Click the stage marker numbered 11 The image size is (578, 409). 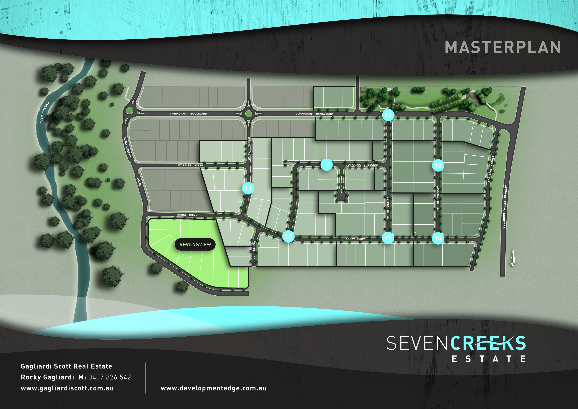click(248, 188)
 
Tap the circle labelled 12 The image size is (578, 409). click(388, 115)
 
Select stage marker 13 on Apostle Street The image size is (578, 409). click(438, 165)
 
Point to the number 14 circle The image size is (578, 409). click(327, 165)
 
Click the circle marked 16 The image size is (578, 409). click(438, 238)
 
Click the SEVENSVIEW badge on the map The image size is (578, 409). click(195, 244)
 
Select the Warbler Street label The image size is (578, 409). click(191, 165)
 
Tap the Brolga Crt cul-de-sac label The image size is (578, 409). click(341, 185)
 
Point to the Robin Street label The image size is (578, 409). click(254, 251)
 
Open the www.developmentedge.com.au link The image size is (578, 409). click(213, 388)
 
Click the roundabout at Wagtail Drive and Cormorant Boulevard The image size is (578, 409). click(248, 114)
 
